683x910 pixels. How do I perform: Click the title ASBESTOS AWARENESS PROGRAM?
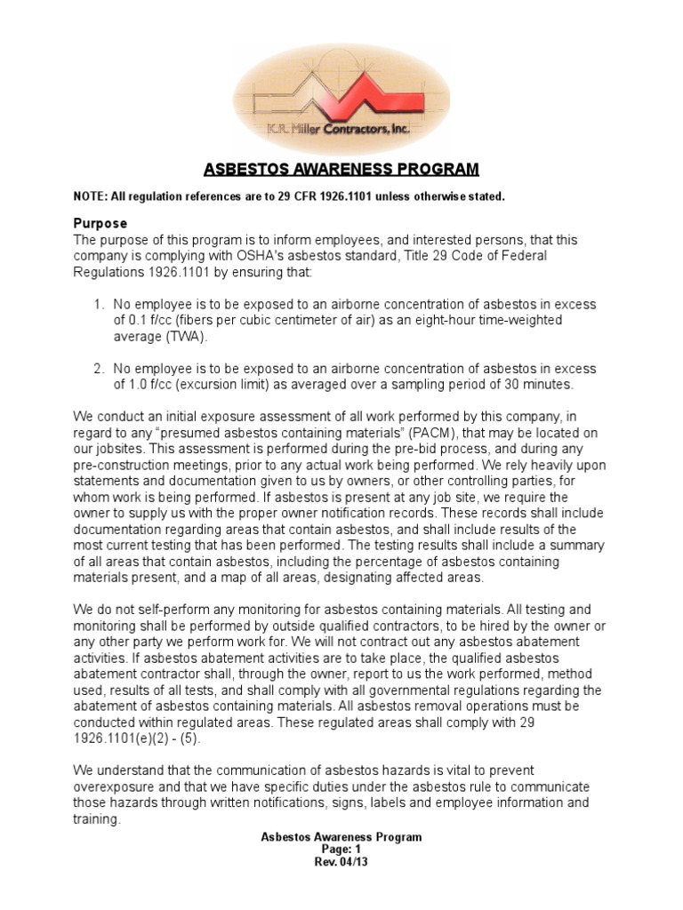pyautogui.click(x=341, y=169)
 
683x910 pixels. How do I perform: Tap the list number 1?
pyautogui.click(x=98, y=305)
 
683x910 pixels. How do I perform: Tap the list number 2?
pyautogui.click(x=98, y=369)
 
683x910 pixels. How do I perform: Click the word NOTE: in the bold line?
pyautogui.click(x=92, y=196)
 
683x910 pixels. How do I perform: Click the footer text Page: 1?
pyautogui.click(x=341, y=850)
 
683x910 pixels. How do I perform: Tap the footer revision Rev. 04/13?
pyautogui.click(x=341, y=862)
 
